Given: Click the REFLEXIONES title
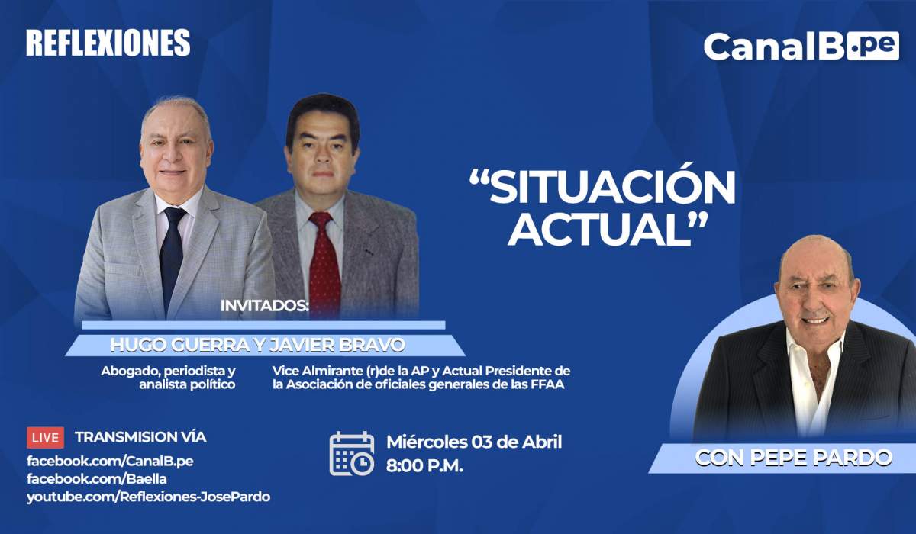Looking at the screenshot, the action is click(108, 43).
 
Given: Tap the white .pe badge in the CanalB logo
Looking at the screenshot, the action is click(873, 47).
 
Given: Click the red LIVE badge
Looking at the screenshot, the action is click(45, 438).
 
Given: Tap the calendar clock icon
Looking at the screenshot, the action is click(352, 453).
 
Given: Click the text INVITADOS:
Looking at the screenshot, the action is click(265, 306).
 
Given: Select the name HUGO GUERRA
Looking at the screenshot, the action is click(180, 346).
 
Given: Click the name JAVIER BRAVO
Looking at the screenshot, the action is click(337, 346).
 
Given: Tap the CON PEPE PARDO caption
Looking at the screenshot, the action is click(794, 458).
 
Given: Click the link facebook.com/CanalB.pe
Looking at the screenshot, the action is click(110, 461).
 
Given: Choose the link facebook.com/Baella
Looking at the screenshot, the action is click(96, 478).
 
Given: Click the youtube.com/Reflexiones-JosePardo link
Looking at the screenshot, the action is click(148, 497).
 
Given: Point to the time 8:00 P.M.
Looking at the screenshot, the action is click(424, 466).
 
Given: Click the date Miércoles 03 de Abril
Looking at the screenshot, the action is click(474, 442).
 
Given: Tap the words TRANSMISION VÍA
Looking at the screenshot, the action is click(140, 437).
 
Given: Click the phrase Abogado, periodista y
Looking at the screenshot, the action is click(168, 372).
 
